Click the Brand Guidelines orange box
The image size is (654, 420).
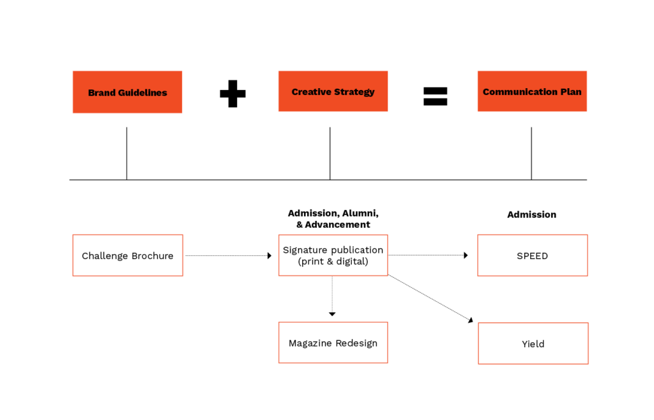[x=127, y=92]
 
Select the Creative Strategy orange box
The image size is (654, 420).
[x=333, y=91]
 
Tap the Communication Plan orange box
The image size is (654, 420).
[x=532, y=91]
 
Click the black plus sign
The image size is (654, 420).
[x=232, y=94]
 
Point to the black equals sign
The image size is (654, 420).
[x=436, y=96]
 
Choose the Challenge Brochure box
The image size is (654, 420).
[x=128, y=255]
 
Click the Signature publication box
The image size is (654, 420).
[x=333, y=255]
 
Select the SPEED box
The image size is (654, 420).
[x=533, y=255]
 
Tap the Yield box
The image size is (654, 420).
[x=533, y=343]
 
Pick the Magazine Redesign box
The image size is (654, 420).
[x=333, y=343]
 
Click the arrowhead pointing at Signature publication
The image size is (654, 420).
[x=270, y=255]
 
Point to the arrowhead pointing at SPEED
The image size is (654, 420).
[x=466, y=255]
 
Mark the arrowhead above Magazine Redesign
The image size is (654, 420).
[x=332, y=314]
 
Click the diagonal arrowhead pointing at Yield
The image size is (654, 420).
[x=471, y=320]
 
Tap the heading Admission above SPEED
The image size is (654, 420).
[x=532, y=214]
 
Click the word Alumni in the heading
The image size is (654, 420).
[x=360, y=213]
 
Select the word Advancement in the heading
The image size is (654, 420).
[x=337, y=225]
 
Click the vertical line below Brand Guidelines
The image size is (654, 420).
[x=127, y=154]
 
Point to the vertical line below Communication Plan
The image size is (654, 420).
[x=531, y=154]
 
